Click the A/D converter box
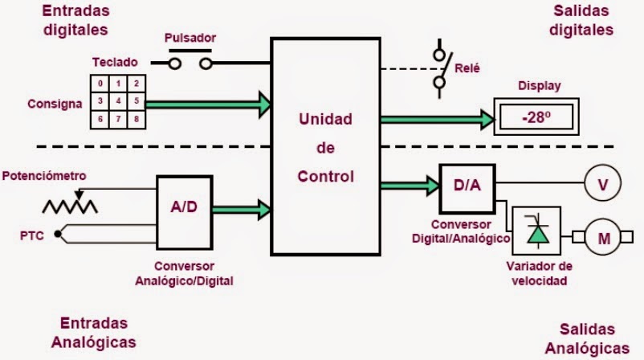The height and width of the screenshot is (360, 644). click(x=183, y=208)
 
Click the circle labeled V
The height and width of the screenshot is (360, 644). click(x=602, y=186)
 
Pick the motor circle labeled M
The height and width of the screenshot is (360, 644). click(x=602, y=237)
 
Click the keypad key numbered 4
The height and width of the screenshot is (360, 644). click(x=119, y=101)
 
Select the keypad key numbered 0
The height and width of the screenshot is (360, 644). click(x=100, y=84)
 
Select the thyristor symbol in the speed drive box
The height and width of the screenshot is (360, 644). click(x=536, y=233)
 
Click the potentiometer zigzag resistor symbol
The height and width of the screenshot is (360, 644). click(x=70, y=206)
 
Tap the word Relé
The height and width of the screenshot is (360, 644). click(x=467, y=68)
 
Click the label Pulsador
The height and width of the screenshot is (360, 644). click(x=190, y=38)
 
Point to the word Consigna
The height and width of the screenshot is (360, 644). click(x=55, y=104)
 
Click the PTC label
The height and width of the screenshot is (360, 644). click(x=31, y=235)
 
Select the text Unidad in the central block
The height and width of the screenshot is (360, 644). click(x=325, y=120)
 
